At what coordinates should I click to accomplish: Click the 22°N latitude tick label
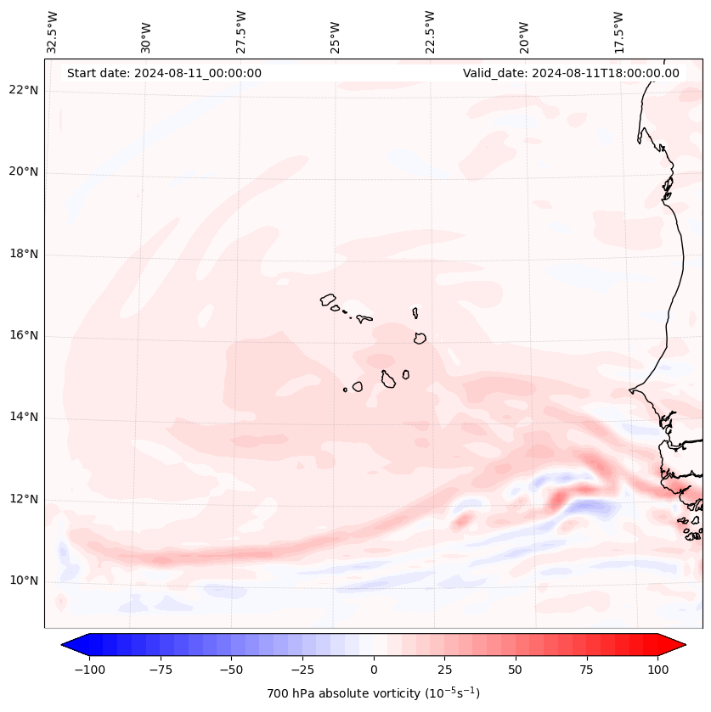pos(24,91)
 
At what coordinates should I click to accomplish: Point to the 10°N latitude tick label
pos(24,581)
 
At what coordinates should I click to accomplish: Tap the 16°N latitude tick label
pos(24,336)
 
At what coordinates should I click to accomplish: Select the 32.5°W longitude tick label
pos(53,31)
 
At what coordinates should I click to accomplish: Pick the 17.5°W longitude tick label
pos(618,31)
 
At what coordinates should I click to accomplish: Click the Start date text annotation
pos(164,73)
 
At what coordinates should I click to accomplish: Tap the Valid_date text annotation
pos(571,73)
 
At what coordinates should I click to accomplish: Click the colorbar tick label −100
pos(89,670)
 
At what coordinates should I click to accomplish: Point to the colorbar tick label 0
pos(374,670)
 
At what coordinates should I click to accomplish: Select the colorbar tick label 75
pos(586,670)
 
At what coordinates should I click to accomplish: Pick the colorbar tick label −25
pos(302,670)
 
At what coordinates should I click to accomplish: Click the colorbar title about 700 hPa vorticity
pos(373,693)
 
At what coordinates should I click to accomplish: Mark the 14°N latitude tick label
pos(24,418)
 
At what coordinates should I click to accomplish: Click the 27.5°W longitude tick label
pos(241,31)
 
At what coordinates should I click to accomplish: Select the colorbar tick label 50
pos(516,670)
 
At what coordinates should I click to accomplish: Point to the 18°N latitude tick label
pos(24,255)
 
